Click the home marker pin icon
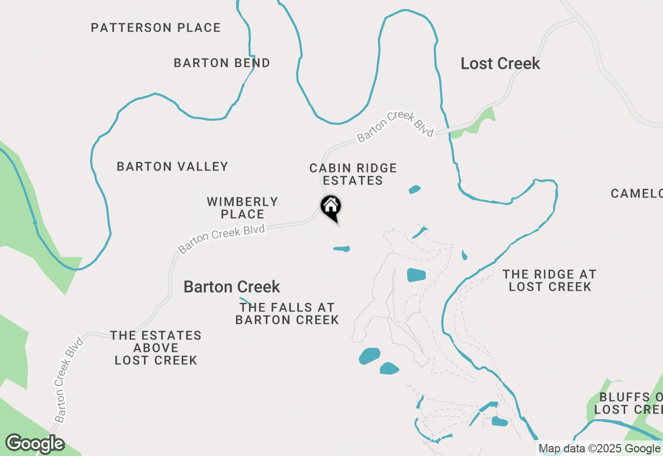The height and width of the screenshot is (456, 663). coord(331,208)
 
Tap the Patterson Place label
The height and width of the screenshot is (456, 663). coord(155,27)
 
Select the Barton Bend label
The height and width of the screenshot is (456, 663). coord(222,63)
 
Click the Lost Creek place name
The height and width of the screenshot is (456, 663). coord(500,64)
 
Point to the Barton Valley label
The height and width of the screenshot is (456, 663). coord(172,166)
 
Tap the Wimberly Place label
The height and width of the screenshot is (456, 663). coord(242,207)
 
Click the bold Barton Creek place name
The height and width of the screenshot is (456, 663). coord(232,287)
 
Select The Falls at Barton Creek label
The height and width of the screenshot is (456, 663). coord(287,313)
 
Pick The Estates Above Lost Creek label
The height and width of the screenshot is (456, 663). coord(156,348)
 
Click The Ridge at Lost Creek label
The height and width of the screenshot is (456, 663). coord(550,280)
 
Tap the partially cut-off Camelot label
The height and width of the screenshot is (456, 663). coord(637,193)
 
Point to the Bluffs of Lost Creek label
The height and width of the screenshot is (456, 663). coord(628,403)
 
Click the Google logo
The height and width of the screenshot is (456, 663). coord(35,444)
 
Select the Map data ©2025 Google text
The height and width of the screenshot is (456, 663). coord(599,449)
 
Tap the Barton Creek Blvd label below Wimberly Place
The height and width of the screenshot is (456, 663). coord(222,238)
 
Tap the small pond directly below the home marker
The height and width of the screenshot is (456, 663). coord(342,249)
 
